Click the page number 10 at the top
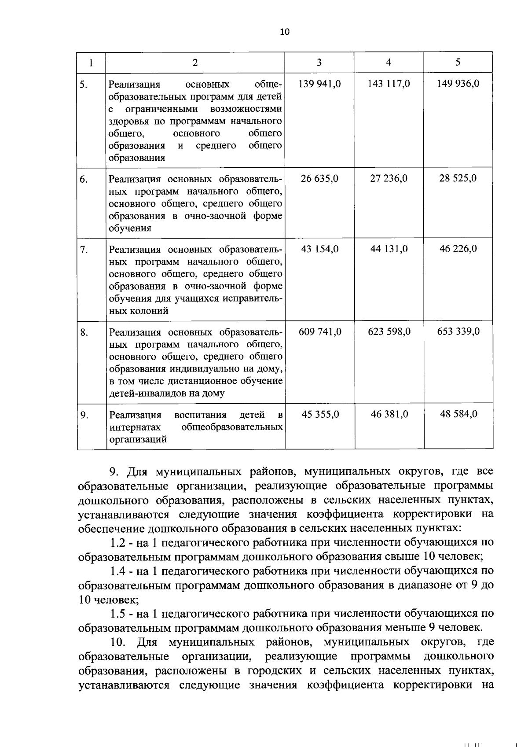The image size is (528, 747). [x=285, y=32]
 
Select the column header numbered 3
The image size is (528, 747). [x=319, y=63]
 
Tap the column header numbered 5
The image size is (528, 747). [x=458, y=63]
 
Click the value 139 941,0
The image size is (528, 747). [x=319, y=84]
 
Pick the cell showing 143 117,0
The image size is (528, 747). [x=389, y=84]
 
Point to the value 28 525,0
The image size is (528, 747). [x=458, y=178]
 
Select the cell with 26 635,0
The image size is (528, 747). [x=319, y=178]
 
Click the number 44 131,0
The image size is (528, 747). [x=389, y=249]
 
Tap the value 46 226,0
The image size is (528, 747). [x=458, y=249]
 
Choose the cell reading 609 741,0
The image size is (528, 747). [x=320, y=331]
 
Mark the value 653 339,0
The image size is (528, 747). [x=458, y=331]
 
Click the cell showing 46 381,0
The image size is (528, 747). [x=389, y=414]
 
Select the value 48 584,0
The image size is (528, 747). [x=458, y=414]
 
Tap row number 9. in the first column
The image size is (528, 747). [x=84, y=415]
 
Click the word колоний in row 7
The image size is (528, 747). [x=151, y=311]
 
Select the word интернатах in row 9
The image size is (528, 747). [x=135, y=427]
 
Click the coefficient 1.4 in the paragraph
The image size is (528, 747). [x=119, y=571]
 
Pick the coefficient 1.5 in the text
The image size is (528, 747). [x=119, y=614]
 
